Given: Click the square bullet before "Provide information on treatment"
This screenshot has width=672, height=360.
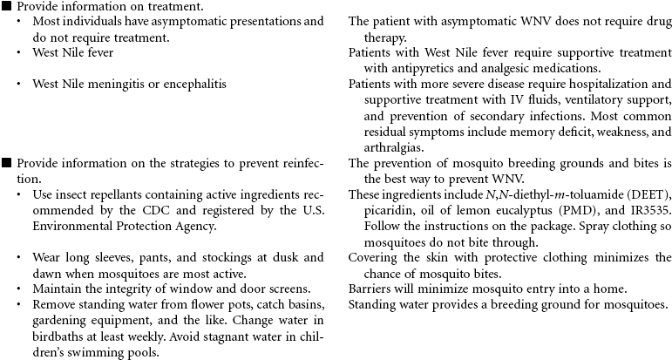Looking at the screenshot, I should coord(7,6).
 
